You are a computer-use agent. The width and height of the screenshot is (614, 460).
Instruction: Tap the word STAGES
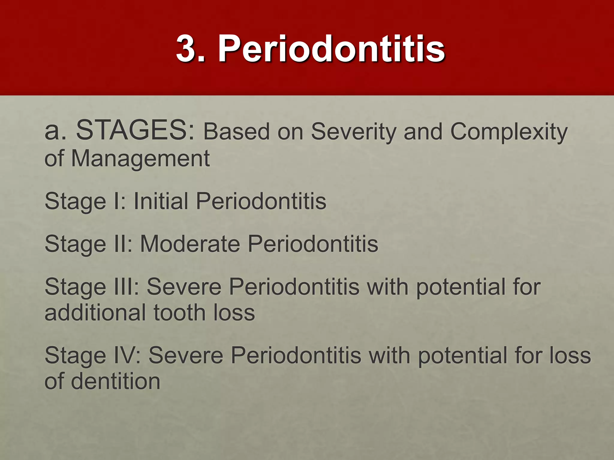pos(136,130)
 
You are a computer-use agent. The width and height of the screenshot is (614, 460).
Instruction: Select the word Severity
pos(353,132)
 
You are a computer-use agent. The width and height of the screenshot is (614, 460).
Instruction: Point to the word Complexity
pos(509,132)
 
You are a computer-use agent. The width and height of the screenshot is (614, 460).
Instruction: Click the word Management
pos(140,158)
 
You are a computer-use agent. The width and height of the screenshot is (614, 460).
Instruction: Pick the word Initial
pos(161,201)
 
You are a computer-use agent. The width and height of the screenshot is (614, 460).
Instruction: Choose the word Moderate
pos(190,244)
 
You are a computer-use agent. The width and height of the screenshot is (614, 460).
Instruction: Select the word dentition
pos(115,381)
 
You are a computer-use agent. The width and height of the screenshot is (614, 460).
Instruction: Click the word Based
pos(237,131)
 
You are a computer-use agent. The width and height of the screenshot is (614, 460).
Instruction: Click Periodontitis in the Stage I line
pos(261,201)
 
